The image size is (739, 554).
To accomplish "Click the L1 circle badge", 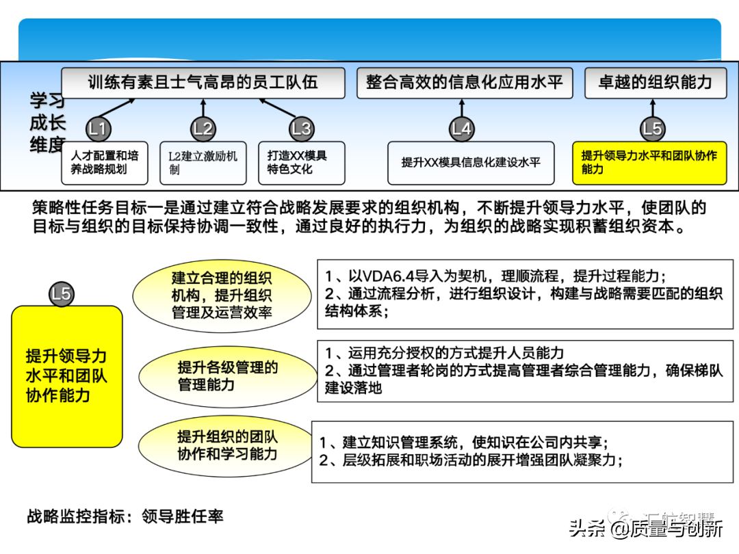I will coord(99,129).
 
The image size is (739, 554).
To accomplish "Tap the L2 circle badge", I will coord(203,129).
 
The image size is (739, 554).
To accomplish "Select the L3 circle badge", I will coord(301,129).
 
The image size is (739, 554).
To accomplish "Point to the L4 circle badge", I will coord(462,129).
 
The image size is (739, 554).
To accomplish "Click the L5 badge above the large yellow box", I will coord(62,294).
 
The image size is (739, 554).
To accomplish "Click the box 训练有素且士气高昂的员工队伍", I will coord(203,83).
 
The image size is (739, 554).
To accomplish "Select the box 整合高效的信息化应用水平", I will coord(464,83).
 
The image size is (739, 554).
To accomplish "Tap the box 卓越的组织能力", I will coord(655,83).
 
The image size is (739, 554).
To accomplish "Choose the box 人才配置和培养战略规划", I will coord(105,163).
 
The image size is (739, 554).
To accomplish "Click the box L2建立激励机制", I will coord(203,163).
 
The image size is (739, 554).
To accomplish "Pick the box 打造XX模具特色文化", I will coord(301,163).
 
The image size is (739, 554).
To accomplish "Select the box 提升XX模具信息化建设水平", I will coord(471,163).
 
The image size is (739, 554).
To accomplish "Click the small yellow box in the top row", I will coord(649,163).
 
